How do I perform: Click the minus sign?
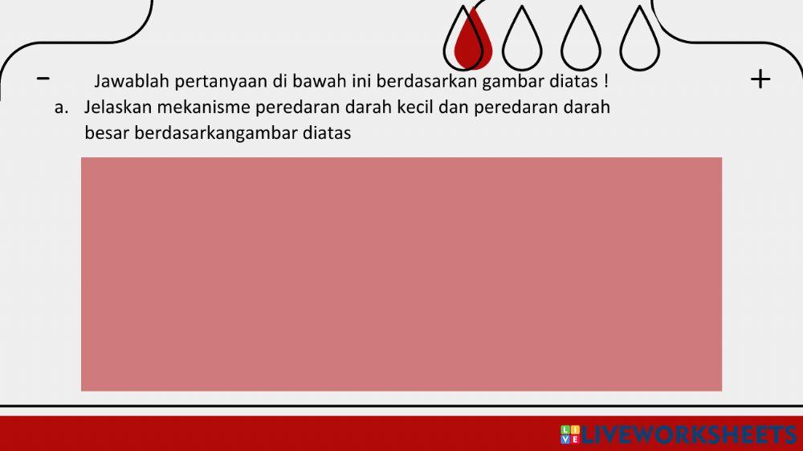43,78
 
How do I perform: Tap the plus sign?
760,79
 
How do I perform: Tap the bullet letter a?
59,108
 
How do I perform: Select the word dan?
454,108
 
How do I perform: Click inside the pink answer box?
401,274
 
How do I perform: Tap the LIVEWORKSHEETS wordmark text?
688,435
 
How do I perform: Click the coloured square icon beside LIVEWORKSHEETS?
569,435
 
